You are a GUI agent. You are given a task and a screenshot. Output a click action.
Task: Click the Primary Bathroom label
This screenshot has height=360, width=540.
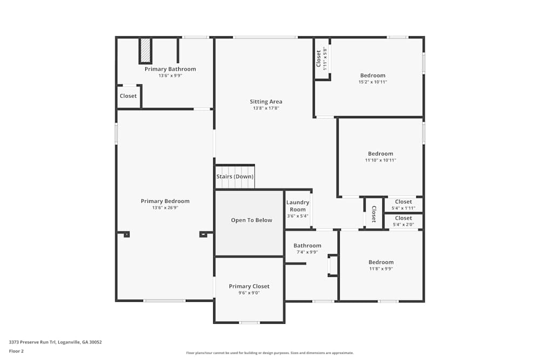tap(170, 69)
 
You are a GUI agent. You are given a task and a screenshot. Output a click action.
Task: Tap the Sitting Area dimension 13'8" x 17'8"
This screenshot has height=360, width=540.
tap(266, 108)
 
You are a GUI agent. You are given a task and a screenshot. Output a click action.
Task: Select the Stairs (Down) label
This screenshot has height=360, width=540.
tap(235, 176)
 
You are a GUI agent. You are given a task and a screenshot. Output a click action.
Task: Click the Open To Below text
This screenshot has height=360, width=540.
tap(252, 220)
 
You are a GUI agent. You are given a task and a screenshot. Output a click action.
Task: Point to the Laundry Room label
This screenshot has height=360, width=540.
tap(298, 206)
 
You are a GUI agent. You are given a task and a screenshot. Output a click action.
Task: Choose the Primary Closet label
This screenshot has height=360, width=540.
tap(249, 286)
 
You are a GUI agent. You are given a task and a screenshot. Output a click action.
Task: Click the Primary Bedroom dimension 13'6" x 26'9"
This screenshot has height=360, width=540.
tap(165, 208)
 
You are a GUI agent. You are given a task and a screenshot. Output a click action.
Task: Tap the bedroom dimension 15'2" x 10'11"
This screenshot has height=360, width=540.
tap(373, 82)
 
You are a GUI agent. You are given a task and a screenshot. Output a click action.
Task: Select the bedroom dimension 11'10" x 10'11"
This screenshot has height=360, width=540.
tap(380, 160)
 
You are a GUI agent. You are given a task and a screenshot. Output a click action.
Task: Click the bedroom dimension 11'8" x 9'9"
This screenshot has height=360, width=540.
tap(381, 269)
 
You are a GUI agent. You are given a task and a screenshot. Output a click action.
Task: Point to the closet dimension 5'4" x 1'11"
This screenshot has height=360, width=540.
tap(403, 208)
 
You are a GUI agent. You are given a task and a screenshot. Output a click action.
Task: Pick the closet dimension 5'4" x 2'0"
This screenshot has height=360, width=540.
tap(403, 225)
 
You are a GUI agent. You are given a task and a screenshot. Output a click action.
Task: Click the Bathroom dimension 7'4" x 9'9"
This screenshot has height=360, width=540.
tap(307, 252)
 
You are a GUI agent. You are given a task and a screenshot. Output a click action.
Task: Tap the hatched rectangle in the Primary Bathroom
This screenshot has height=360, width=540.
tap(145, 50)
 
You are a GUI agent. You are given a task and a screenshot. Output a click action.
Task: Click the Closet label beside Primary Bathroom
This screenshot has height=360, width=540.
tap(128, 96)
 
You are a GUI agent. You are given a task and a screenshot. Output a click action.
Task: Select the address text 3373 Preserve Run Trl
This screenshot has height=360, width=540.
tap(55, 342)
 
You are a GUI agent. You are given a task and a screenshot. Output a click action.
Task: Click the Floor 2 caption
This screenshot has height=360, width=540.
tap(16, 351)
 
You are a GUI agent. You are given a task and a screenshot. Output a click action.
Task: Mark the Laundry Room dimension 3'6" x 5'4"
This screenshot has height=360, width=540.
tap(298, 216)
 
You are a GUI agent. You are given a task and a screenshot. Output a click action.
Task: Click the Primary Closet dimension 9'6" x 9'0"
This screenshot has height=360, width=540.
tap(249, 293)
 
